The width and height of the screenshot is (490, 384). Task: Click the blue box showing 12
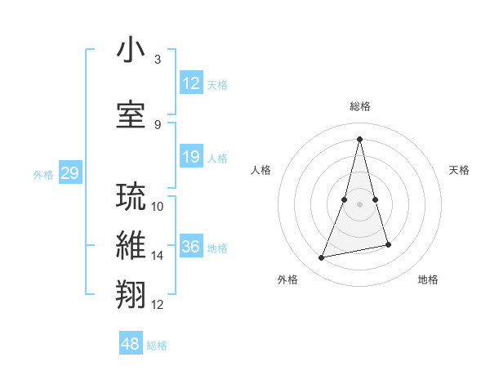(x=190, y=83)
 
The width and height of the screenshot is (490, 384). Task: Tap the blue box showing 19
(x=190, y=157)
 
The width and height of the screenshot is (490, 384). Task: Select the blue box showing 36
(x=190, y=247)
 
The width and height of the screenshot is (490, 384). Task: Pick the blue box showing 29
(x=69, y=173)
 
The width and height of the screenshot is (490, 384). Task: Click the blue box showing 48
(x=131, y=344)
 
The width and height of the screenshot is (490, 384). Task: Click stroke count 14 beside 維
(x=157, y=256)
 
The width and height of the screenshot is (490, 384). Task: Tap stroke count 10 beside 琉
(x=157, y=207)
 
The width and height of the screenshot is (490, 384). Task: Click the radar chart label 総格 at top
(x=359, y=106)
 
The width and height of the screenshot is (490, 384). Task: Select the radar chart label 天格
(x=460, y=170)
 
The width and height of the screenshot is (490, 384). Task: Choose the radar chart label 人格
(x=261, y=170)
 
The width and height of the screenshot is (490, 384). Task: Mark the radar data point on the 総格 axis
(x=359, y=139)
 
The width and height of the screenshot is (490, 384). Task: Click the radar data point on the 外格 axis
(x=322, y=258)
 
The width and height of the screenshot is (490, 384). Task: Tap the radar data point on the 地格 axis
(x=388, y=245)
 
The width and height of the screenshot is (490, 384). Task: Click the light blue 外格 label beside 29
(x=42, y=174)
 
